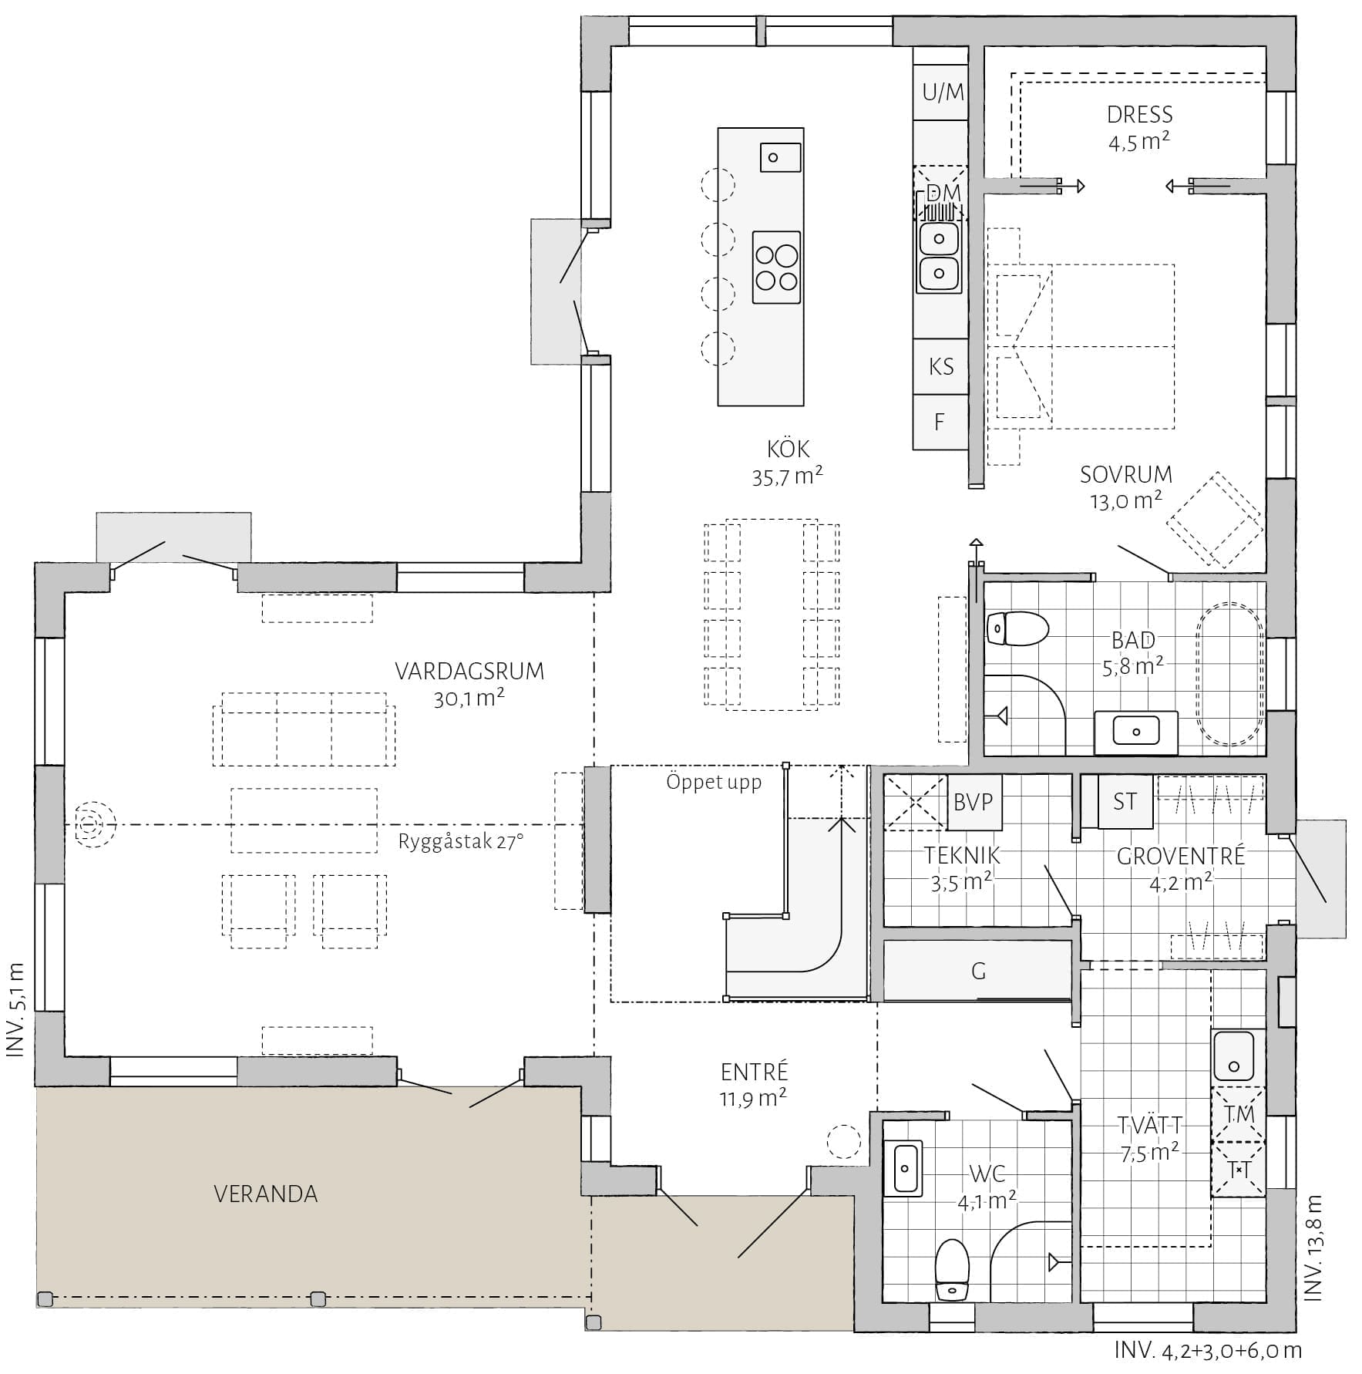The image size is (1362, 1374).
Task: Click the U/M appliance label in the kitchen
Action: (943, 93)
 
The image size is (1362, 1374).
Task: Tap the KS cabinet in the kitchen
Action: (940, 366)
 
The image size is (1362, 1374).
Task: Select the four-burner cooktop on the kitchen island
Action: (776, 267)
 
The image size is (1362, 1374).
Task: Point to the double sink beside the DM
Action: (939, 255)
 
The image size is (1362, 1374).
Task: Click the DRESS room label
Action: (1140, 115)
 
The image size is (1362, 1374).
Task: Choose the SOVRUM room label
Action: (1125, 474)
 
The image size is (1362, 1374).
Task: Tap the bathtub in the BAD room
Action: (1229, 673)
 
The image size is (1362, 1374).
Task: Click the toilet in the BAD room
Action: (1017, 628)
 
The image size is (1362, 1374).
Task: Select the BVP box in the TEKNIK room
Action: (974, 802)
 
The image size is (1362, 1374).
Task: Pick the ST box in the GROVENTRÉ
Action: (1125, 801)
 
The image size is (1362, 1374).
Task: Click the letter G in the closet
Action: (978, 971)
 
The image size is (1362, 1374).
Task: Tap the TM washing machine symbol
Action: (1239, 1114)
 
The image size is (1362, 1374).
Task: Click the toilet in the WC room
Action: (952, 1270)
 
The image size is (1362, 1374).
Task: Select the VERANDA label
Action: (265, 1194)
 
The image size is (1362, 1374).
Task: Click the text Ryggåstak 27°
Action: (460, 841)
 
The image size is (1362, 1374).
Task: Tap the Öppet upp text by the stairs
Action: (714, 783)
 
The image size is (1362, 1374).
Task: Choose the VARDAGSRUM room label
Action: (469, 672)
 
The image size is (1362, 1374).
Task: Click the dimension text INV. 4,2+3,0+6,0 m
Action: (1208, 1351)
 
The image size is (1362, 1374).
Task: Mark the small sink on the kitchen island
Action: (780, 157)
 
